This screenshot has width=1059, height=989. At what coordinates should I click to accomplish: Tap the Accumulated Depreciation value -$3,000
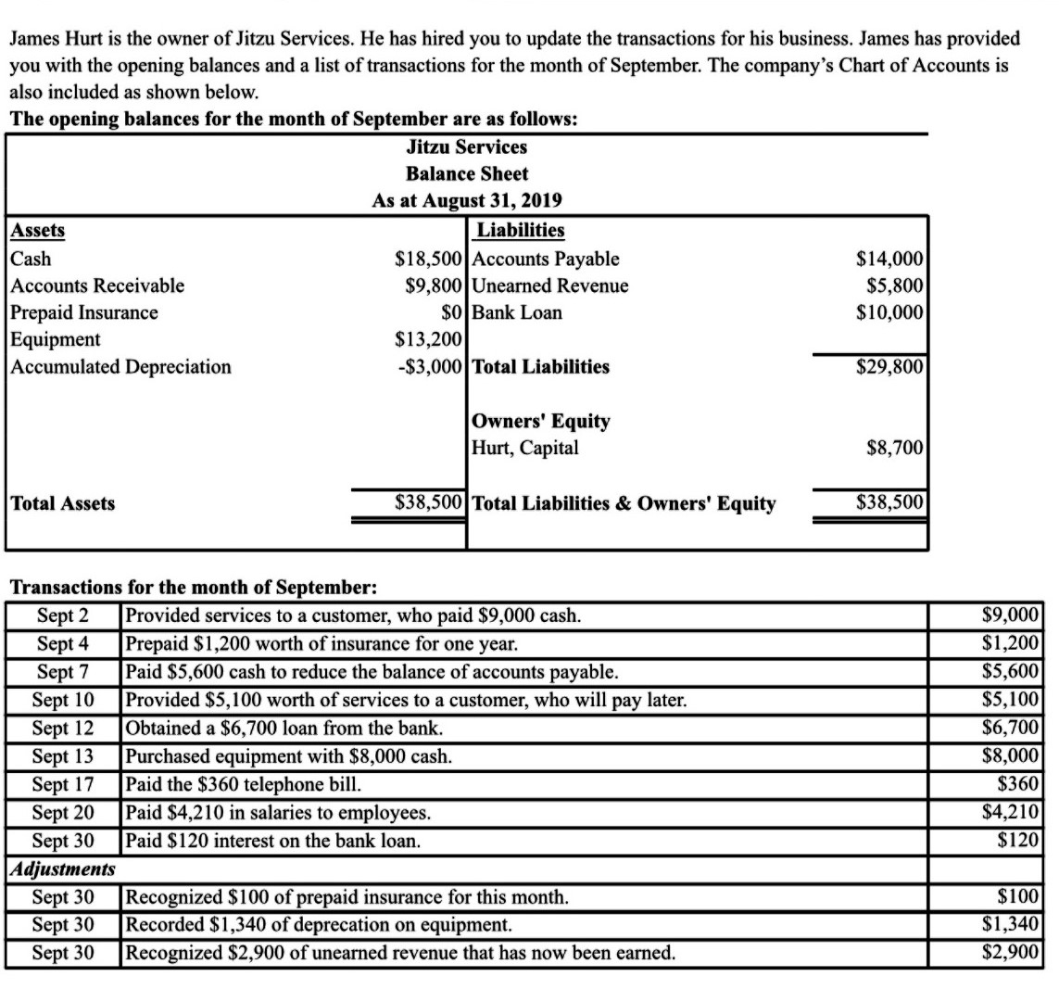428,366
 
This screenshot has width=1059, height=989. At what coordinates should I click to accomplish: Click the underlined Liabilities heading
520,231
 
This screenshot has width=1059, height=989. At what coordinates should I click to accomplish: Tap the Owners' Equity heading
541,421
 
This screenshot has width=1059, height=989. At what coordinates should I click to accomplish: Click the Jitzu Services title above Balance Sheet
467,146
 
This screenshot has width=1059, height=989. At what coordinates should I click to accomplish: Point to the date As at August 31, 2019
467,200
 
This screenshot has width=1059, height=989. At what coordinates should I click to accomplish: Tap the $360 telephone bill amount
1025,783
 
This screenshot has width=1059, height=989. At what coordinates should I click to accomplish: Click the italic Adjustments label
62,869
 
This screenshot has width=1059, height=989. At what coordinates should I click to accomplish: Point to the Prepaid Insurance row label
84,312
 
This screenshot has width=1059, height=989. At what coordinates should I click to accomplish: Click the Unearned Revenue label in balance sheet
550,285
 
